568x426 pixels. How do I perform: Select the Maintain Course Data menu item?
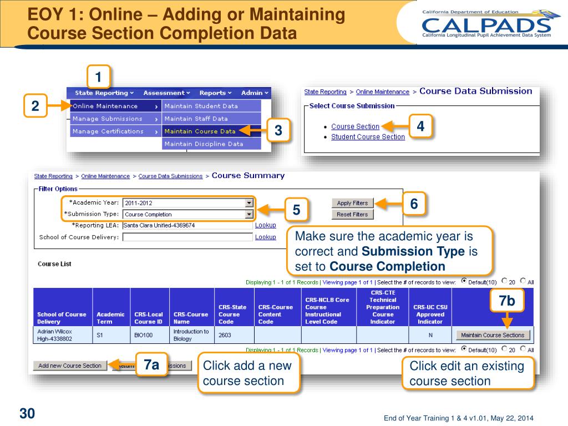point(200,131)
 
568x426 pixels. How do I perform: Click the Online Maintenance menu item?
point(105,106)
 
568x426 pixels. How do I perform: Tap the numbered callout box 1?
point(98,77)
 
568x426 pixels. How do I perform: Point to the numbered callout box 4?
point(420,126)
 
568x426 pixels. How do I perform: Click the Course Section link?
point(355,126)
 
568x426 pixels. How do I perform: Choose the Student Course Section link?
point(368,137)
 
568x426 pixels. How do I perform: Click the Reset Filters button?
point(352,214)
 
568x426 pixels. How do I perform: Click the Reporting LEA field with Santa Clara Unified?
point(187,225)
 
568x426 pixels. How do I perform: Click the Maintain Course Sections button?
point(493,335)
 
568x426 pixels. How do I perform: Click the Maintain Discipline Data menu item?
point(204,144)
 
